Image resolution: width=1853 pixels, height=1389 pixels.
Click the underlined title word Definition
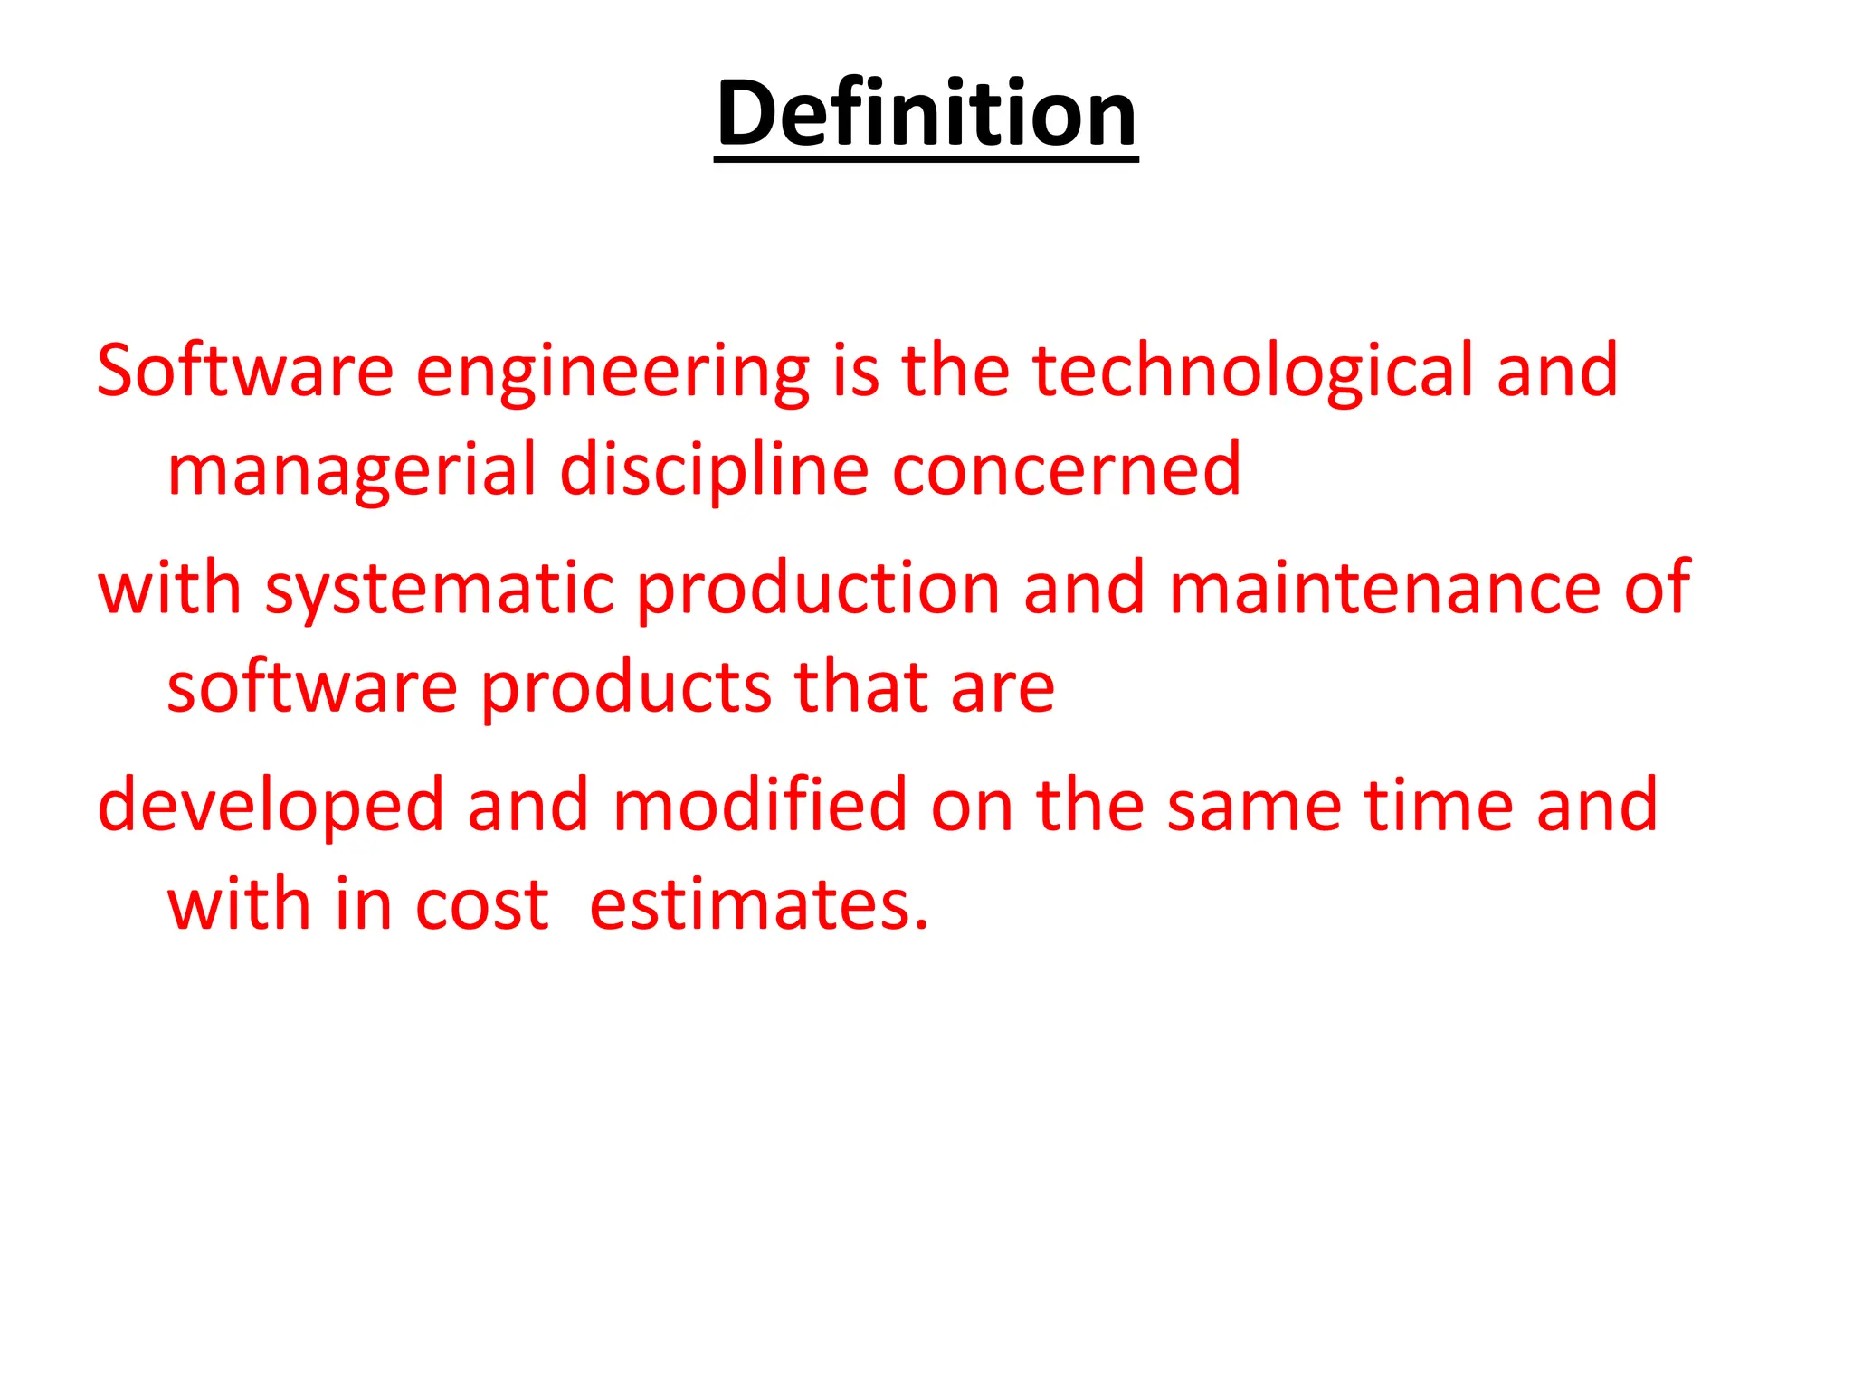[x=926, y=113]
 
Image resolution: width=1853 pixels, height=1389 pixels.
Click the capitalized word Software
[x=244, y=371]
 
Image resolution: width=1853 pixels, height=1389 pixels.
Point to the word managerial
[x=352, y=470]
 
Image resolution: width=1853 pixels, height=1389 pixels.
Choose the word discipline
[x=714, y=470]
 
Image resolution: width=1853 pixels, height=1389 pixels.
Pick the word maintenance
[x=1384, y=588]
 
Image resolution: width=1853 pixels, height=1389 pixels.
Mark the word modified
[x=759, y=805]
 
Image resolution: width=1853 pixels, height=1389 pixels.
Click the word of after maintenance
[x=1657, y=588]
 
